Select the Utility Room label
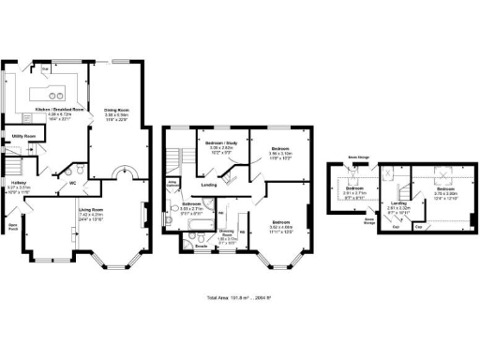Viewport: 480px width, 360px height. (x=24, y=137)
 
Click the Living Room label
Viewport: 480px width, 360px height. (x=91, y=209)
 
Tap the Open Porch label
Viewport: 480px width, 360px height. (x=13, y=226)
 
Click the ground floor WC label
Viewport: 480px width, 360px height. (x=71, y=183)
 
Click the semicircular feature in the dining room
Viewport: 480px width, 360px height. (x=124, y=174)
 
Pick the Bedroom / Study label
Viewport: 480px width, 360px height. (x=219, y=142)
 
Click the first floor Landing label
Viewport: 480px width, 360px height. (x=209, y=185)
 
